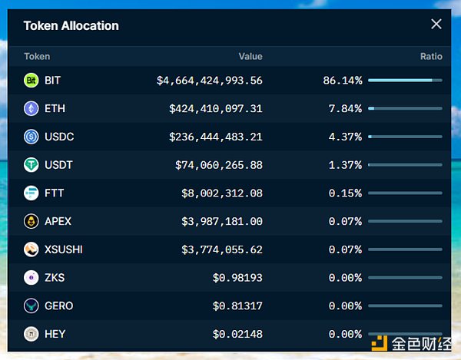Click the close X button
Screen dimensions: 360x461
[436, 25]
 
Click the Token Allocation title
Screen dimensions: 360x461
[71, 25]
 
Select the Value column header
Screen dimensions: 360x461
[250, 56]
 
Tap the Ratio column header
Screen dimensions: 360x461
[431, 56]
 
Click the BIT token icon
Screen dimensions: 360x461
[32, 80]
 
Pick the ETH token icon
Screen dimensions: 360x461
[32, 108]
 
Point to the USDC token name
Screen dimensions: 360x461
[59, 137]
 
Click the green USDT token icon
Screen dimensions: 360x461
[32, 165]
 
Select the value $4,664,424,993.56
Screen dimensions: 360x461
[210, 80]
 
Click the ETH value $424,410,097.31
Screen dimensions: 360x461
[216, 108]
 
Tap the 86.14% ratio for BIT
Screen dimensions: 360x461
[343, 80]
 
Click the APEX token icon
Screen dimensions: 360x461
[32, 221]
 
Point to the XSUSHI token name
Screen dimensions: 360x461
[64, 249]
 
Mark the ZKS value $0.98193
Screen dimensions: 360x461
[237, 278]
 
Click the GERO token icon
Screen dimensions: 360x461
[32, 306]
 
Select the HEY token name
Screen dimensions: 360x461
[55, 334]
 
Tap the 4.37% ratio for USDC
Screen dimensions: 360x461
[345, 137]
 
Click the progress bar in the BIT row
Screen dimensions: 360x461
[405, 80]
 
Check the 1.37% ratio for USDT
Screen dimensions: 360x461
[345, 165]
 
